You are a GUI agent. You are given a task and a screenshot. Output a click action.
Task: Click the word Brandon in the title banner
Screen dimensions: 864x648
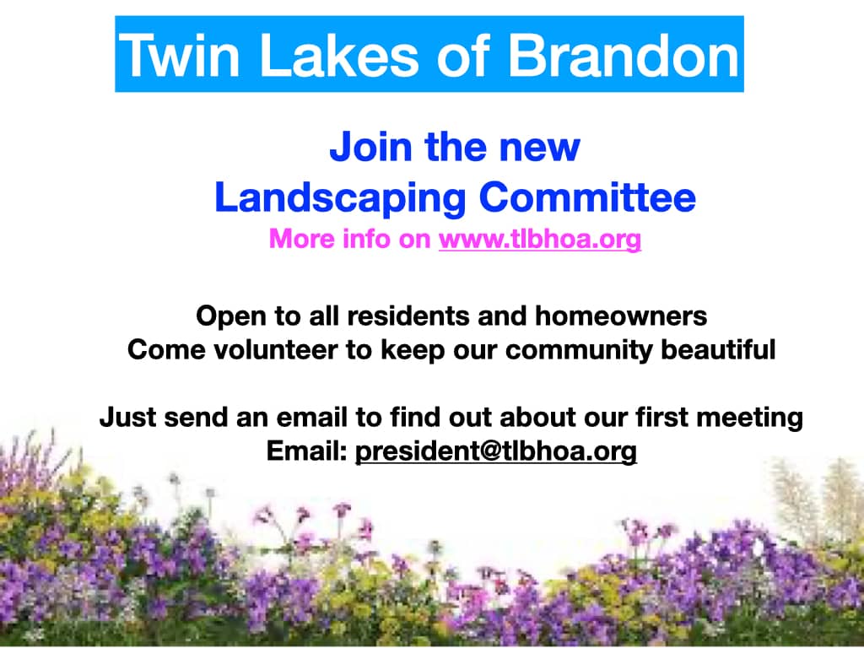(x=623, y=55)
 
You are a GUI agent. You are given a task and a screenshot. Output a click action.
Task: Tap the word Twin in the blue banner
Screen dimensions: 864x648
(x=179, y=55)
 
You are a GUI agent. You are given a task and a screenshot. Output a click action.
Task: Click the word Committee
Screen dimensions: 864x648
(x=587, y=197)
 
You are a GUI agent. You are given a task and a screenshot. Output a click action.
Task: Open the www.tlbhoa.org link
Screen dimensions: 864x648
(x=540, y=239)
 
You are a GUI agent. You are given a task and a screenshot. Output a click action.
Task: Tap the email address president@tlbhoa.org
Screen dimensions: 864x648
(x=496, y=451)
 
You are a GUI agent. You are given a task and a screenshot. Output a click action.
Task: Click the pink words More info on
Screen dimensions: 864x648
(x=350, y=238)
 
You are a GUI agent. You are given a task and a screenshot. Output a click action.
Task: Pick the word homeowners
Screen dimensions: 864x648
(x=621, y=316)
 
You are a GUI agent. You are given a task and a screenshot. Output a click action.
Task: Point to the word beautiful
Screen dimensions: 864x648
(x=719, y=350)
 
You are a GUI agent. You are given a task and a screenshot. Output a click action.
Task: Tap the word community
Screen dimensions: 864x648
(x=579, y=351)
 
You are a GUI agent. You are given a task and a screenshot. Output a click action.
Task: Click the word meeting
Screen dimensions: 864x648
(x=750, y=418)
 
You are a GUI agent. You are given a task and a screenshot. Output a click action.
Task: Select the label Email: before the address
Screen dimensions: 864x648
(x=307, y=451)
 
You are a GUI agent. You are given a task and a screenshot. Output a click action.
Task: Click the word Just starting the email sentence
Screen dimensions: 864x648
(x=128, y=417)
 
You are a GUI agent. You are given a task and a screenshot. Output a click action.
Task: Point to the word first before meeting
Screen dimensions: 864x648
(x=661, y=417)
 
